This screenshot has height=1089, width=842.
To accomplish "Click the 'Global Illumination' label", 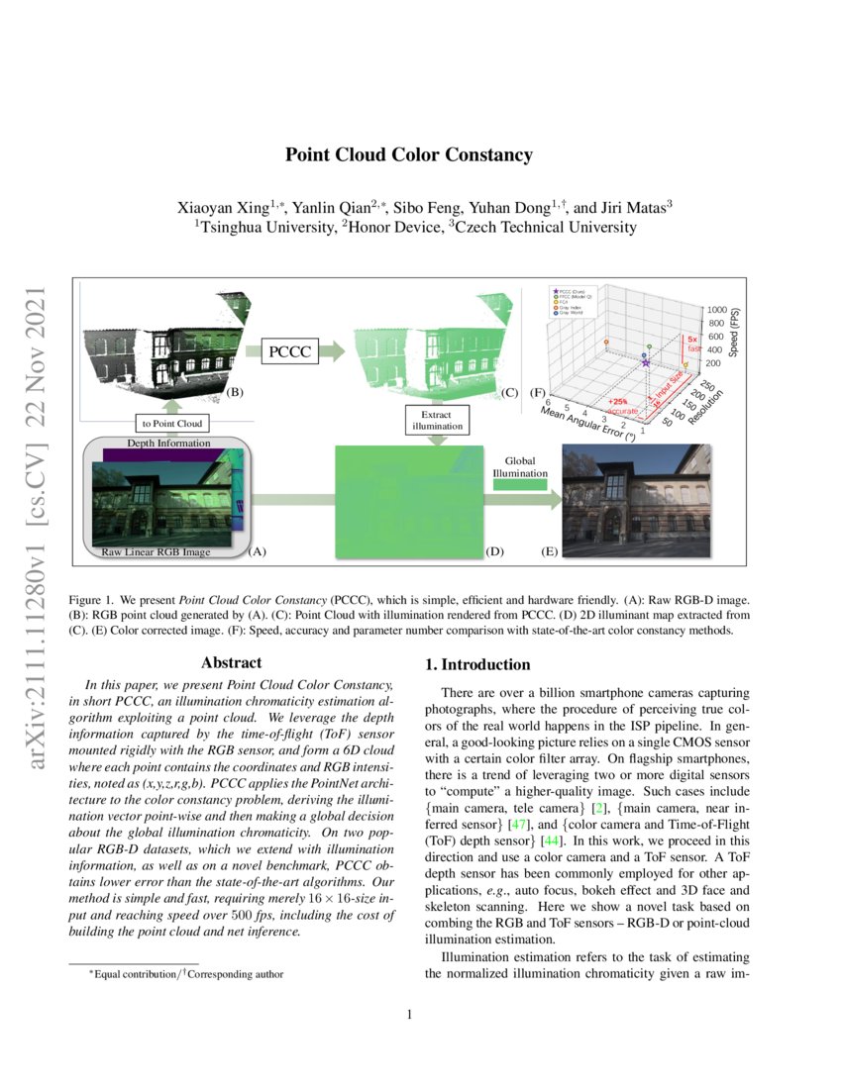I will (520, 466).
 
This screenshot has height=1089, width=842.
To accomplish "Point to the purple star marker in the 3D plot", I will (646, 363).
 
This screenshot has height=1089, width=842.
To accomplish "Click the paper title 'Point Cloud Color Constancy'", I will (409, 155).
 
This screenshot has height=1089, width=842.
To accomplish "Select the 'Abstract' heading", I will (231, 663).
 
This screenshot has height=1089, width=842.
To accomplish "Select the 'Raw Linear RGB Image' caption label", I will (156, 551).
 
